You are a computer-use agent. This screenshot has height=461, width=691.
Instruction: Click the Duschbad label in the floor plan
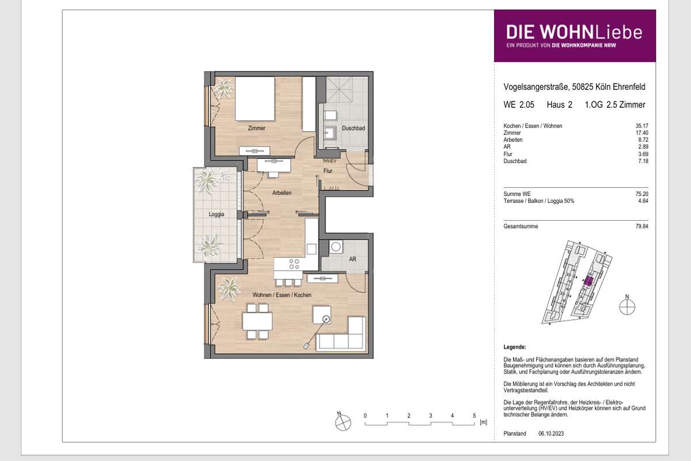[x=353, y=128]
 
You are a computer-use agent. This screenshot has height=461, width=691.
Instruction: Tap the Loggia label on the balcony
[x=217, y=214]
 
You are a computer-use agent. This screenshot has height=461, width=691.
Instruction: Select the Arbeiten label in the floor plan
[x=282, y=192]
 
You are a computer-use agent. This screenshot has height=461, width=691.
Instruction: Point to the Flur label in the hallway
[x=328, y=171]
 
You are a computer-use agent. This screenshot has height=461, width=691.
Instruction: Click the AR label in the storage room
[x=352, y=259]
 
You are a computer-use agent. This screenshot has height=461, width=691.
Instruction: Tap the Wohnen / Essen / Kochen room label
[x=282, y=295]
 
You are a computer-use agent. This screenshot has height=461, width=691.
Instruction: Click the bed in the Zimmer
[x=255, y=99]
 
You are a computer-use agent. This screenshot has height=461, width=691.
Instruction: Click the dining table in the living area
[x=257, y=322]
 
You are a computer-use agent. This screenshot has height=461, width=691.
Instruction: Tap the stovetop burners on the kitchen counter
[x=294, y=264]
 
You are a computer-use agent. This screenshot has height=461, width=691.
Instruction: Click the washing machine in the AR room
[x=336, y=247]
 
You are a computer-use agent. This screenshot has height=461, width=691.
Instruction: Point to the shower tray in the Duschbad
[x=339, y=90]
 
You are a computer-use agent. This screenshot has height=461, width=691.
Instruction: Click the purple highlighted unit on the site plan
[x=589, y=281]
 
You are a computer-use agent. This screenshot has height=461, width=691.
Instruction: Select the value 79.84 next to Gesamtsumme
[x=642, y=226]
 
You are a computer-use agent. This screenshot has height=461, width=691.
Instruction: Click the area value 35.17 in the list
[x=642, y=126]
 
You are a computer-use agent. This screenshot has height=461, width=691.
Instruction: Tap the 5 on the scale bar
[x=474, y=415]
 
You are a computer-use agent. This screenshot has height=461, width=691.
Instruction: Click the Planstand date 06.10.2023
[x=551, y=433]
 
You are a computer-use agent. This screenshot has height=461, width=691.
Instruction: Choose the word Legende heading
[x=515, y=347]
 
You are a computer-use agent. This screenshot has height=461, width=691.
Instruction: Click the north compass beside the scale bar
[x=343, y=421]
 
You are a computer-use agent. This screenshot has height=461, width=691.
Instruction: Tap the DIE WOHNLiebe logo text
[x=575, y=32]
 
